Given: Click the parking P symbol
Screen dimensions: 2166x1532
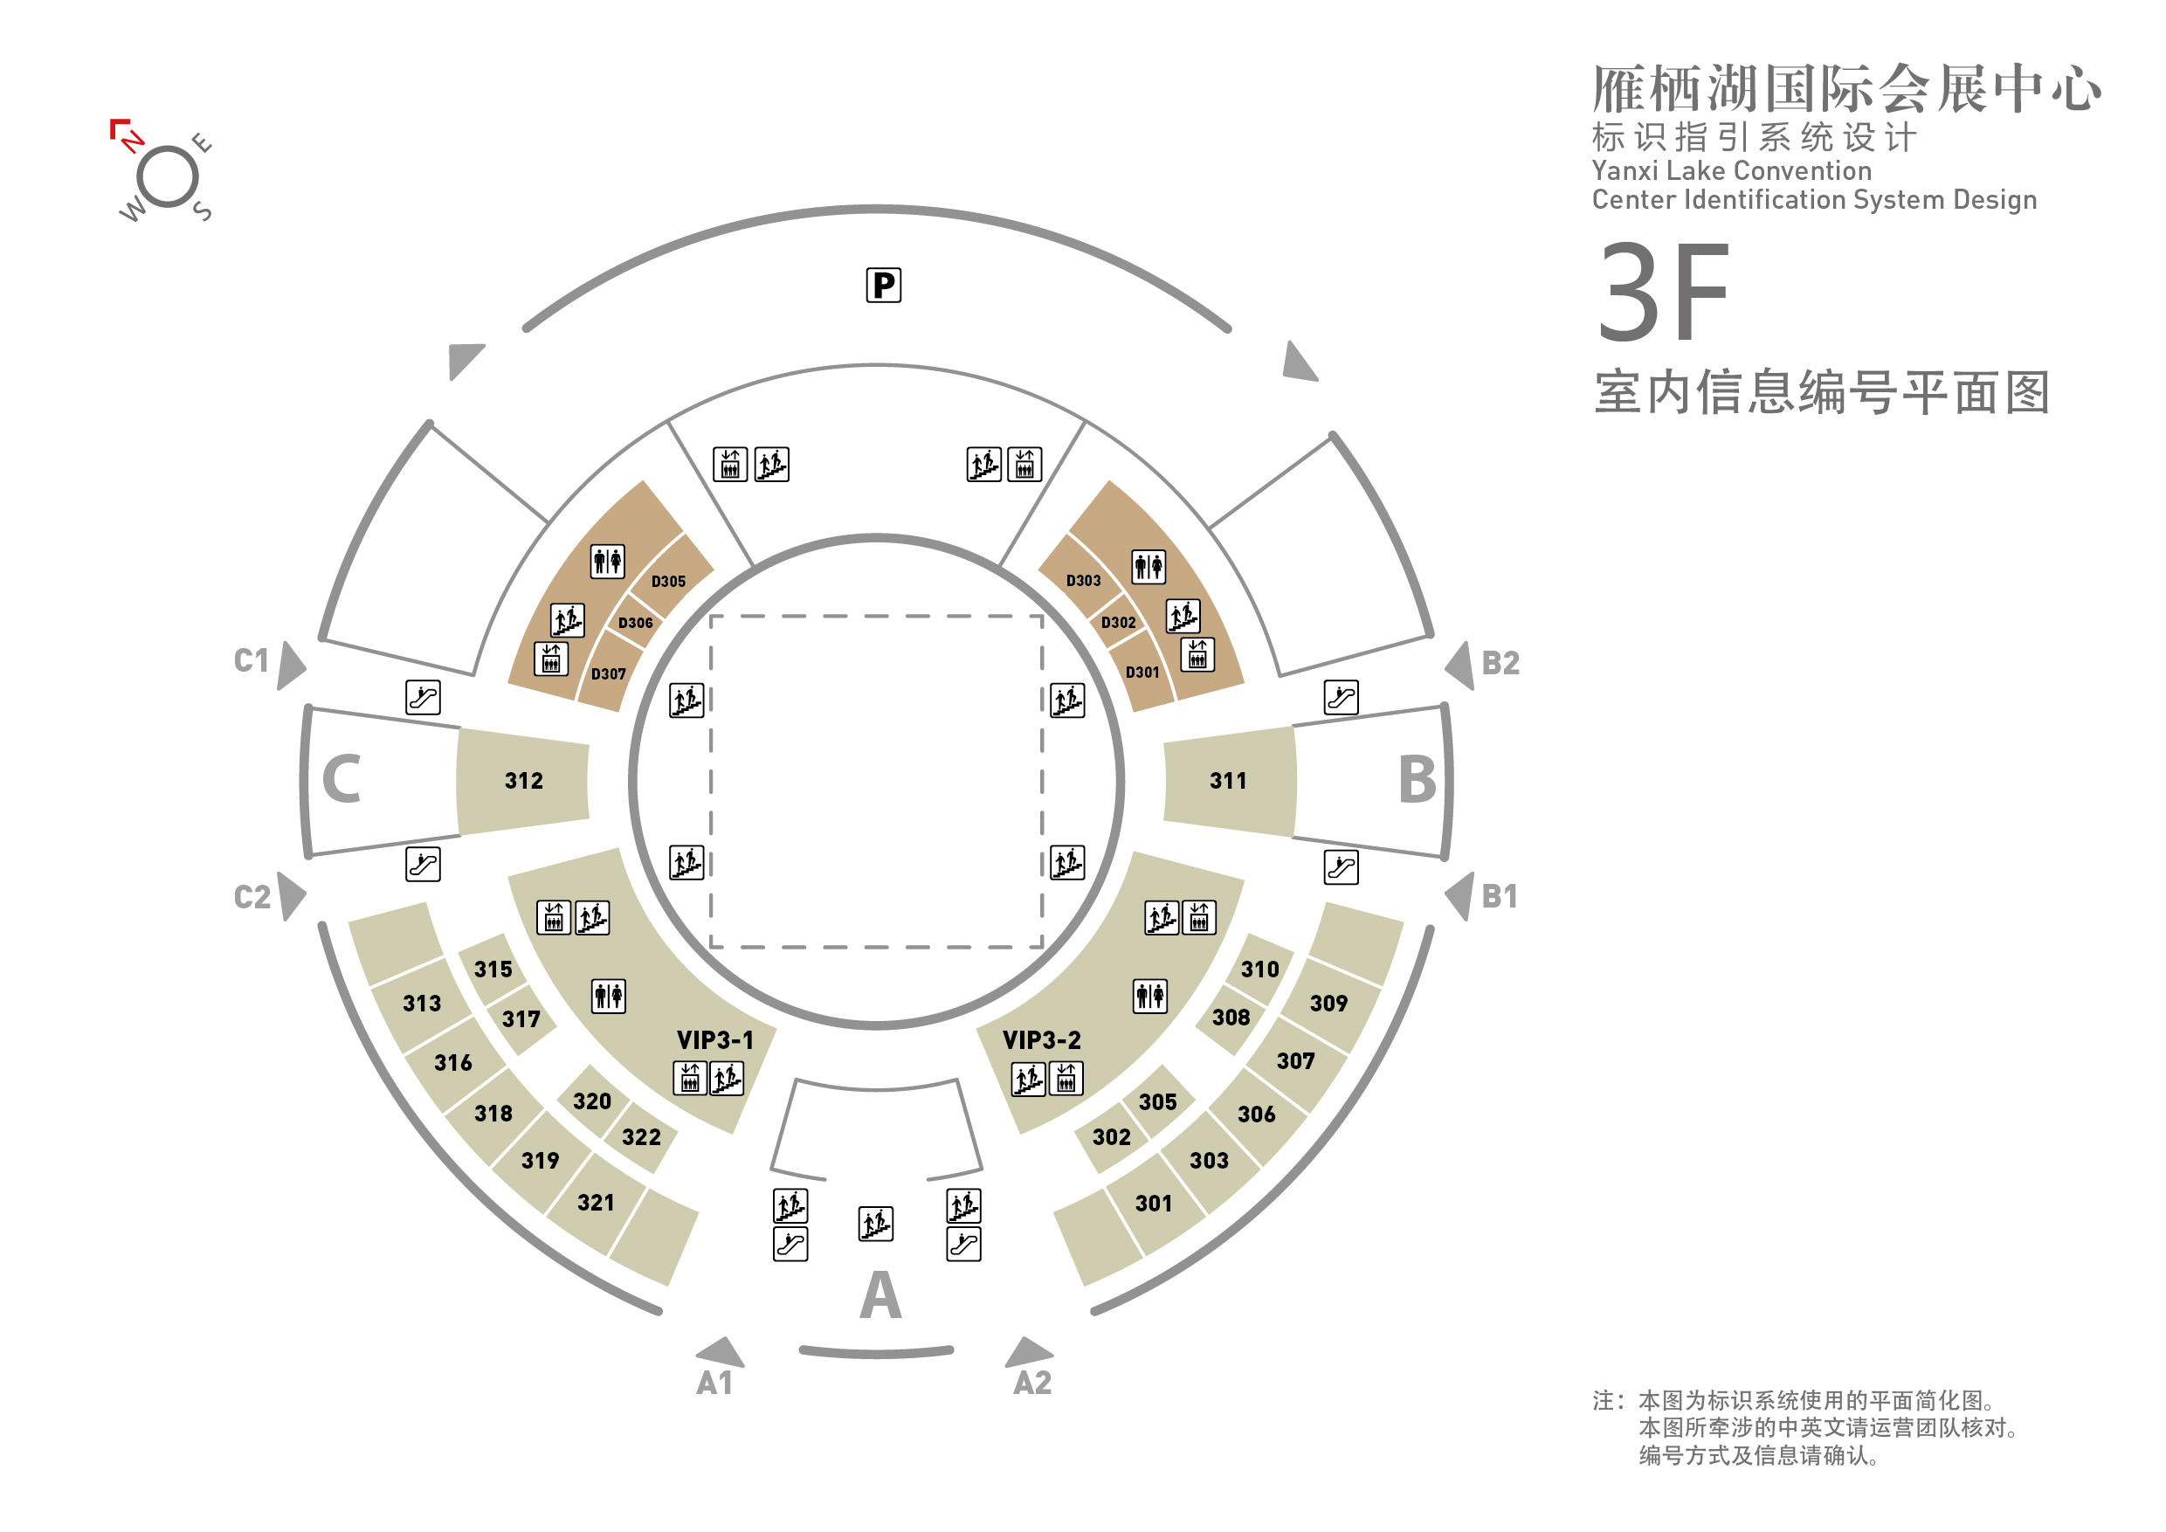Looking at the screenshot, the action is tap(883, 285).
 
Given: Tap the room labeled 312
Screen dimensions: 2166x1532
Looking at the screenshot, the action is tap(523, 781).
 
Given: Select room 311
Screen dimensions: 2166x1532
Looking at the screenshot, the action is tap(1228, 781).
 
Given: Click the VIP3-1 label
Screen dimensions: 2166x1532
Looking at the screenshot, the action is tap(715, 1039).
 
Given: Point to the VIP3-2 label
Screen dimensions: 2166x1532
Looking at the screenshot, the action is tap(1041, 1039).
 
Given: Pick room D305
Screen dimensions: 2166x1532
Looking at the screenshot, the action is tap(669, 581).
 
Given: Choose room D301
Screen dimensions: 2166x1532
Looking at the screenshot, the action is tap(1142, 673).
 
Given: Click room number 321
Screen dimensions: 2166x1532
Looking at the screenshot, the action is tap(597, 1203).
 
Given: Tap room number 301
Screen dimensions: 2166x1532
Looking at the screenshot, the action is tap(1154, 1204).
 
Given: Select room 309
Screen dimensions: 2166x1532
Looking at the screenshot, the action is tap(1328, 1004).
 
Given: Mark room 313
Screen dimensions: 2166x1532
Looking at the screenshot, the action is tap(422, 1004).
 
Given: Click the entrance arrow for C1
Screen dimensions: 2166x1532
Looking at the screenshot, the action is tap(291, 666).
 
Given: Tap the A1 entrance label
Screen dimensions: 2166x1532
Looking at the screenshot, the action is tap(714, 1383).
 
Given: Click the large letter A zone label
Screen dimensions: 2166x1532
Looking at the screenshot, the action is tap(880, 1295).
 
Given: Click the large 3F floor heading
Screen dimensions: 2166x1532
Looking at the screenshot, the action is tap(1663, 292).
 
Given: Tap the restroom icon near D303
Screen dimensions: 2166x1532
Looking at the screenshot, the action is tap(1149, 566).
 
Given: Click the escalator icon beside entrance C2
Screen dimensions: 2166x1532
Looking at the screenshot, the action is tap(423, 864).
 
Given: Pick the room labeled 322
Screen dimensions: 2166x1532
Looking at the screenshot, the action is tap(641, 1136).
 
